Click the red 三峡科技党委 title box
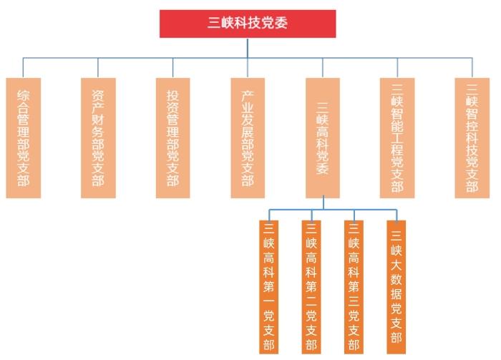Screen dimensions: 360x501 (x=247, y=23)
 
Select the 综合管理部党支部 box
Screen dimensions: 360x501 (x=23, y=137)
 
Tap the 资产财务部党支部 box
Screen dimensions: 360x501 (x=98, y=137)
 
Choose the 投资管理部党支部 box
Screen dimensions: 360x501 (x=172, y=137)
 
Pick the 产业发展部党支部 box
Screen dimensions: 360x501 (x=248, y=137)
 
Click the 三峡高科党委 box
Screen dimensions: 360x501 (x=322, y=137)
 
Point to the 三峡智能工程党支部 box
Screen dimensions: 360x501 (x=397, y=137)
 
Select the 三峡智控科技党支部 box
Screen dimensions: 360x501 (x=472, y=137)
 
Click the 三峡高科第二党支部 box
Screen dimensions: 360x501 (x=311, y=286)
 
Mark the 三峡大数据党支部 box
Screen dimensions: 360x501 (x=396, y=286)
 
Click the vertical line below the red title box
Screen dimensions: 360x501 (x=248, y=47)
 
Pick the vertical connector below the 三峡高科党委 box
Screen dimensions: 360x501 (x=322, y=203)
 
